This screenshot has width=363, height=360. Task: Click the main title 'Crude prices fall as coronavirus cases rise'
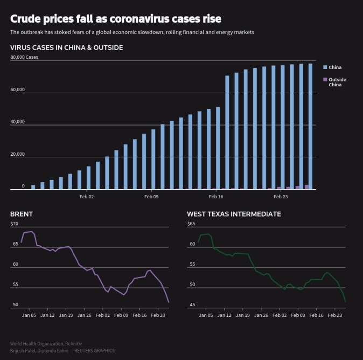click(115, 19)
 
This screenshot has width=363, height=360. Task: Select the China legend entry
click(334, 67)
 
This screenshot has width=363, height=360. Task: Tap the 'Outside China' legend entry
click(337, 82)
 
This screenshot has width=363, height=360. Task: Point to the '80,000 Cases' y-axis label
click(24, 57)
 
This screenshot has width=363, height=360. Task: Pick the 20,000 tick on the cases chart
click(18, 155)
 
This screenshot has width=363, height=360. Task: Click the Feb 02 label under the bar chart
click(86, 197)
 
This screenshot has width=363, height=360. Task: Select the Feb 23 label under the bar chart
click(281, 197)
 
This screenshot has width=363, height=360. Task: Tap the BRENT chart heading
click(22, 214)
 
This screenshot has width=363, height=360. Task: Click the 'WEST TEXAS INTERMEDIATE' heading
click(234, 214)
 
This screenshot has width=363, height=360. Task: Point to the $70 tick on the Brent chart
click(14, 224)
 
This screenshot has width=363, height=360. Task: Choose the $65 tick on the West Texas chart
click(191, 224)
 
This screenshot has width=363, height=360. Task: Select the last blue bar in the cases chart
click(310, 127)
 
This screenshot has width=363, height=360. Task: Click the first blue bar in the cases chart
click(33, 187)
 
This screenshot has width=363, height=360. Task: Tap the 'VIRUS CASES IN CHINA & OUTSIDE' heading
click(67, 47)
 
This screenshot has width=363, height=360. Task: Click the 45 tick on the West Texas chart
click(192, 305)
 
